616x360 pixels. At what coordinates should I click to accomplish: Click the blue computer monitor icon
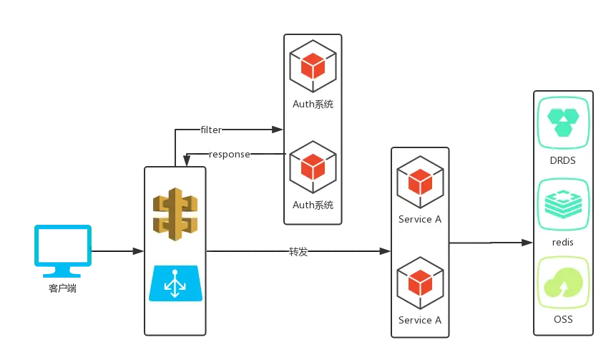pyautogui.click(x=63, y=251)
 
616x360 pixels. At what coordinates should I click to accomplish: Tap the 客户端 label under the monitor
pyautogui.click(x=62, y=288)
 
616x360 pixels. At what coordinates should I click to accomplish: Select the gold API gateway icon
pyautogui.click(x=175, y=214)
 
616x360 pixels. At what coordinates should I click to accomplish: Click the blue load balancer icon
pyautogui.click(x=175, y=283)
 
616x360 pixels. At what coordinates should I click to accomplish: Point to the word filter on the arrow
pyautogui.click(x=211, y=130)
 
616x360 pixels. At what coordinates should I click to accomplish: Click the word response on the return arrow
pyautogui.click(x=230, y=154)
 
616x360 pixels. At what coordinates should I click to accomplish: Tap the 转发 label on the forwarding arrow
pyautogui.click(x=298, y=251)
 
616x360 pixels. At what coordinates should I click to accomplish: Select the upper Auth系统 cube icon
pyautogui.click(x=313, y=66)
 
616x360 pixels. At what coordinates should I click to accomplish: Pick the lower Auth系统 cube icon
pyautogui.click(x=313, y=167)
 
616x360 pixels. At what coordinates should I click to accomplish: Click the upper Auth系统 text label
pyautogui.click(x=313, y=104)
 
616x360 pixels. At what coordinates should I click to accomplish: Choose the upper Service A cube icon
pyautogui.click(x=421, y=182)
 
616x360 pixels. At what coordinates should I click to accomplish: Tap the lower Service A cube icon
pyautogui.click(x=421, y=283)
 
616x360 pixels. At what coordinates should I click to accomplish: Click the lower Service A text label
pyautogui.click(x=420, y=321)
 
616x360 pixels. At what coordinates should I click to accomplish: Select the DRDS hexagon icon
pyautogui.click(x=563, y=122)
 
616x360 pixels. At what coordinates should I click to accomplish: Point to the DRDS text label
pyautogui.click(x=563, y=160)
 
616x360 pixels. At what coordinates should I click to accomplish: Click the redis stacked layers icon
pyautogui.click(x=563, y=205)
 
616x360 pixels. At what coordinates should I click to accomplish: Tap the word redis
pyautogui.click(x=563, y=242)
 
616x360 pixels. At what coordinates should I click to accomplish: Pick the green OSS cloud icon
pyautogui.click(x=563, y=282)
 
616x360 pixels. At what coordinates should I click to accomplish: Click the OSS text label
pyautogui.click(x=563, y=319)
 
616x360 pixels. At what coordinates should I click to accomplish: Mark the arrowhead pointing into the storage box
pyautogui.click(x=527, y=243)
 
